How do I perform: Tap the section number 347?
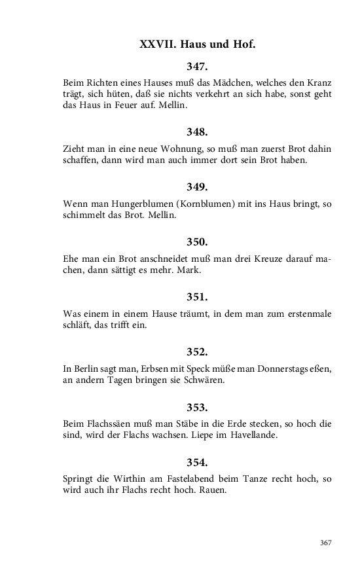(197, 66)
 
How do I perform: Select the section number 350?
(197, 242)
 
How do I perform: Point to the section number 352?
(197, 351)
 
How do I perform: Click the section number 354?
(197, 462)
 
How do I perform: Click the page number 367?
(325, 543)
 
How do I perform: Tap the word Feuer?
(118, 105)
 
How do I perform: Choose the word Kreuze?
(243, 259)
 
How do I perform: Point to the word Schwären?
(204, 380)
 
